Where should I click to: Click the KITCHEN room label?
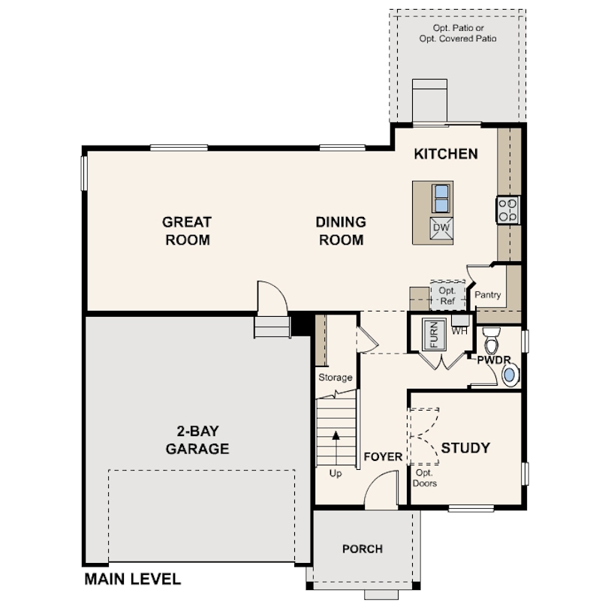pos(446,154)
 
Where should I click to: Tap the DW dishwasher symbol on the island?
pos(441,228)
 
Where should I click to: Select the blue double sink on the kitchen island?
pos(441,198)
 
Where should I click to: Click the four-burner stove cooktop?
pos(508,209)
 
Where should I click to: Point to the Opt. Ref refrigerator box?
pos(448,296)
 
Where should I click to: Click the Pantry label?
pos(487,295)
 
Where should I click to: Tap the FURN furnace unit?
pos(434,334)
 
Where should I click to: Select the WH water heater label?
pos(459,331)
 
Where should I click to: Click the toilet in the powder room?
pos(492,340)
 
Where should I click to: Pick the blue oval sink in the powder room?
pos(510,375)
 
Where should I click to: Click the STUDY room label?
pos(465,448)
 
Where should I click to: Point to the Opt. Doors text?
pos(425,478)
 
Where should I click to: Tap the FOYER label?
pos(383,457)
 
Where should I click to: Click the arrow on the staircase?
pos(336,448)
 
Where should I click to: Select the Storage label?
pos(336,378)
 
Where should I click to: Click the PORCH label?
pos(363,549)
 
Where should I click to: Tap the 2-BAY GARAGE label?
pos(197,440)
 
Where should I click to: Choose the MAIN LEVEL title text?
pos(133,579)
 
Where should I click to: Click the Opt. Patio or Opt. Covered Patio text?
pos(458,33)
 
